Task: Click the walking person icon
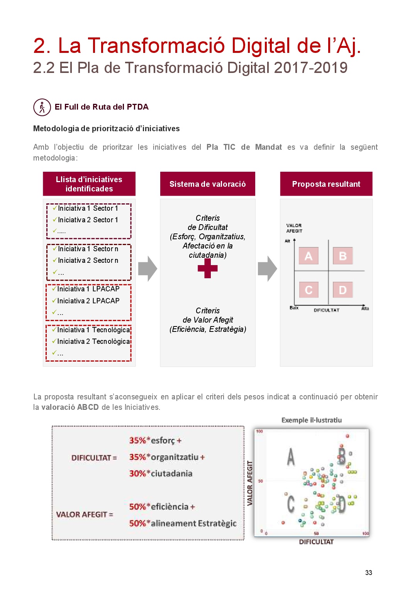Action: pyautogui.click(x=42, y=107)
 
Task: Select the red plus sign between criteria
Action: pyautogui.click(x=208, y=268)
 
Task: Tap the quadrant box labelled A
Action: pyautogui.click(x=309, y=256)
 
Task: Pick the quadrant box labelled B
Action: pyautogui.click(x=342, y=256)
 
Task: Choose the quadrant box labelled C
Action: pyautogui.click(x=309, y=290)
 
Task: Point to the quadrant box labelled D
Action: pyautogui.click(x=342, y=290)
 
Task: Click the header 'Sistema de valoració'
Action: pyautogui.click(x=208, y=184)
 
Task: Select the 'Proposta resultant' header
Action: pyautogui.click(x=326, y=184)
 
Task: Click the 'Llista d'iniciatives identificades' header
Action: pyautogui.click(x=89, y=184)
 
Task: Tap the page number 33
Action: pyautogui.click(x=369, y=573)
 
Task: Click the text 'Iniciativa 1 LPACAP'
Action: pyautogui.click(x=88, y=289)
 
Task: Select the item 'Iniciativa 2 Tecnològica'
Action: pyautogui.click(x=93, y=342)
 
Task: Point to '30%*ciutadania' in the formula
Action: pyautogui.click(x=161, y=473)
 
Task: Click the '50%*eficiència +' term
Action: pyautogui.click(x=162, y=507)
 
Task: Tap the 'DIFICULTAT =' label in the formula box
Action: pyautogui.click(x=94, y=458)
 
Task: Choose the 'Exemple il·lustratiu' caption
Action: pyautogui.click(x=312, y=420)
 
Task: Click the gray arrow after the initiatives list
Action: pyautogui.click(x=147, y=269)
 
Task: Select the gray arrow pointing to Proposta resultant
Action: pyautogui.click(x=267, y=269)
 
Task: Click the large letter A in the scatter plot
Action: pyautogui.click(x=291, y=457)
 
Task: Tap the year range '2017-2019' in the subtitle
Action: pyautogui.click(x=311, y=68)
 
